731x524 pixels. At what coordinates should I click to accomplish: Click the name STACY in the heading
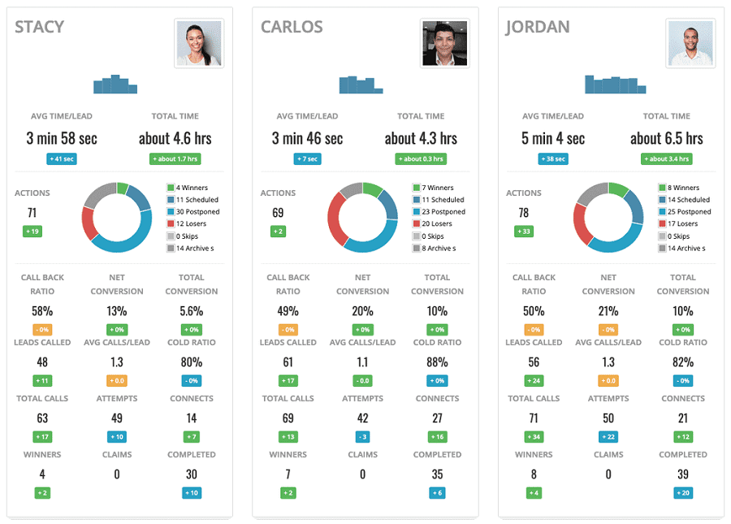point(39,27)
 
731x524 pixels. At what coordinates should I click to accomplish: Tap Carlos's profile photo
point(444,43)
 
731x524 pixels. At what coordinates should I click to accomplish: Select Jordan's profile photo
point(690,43)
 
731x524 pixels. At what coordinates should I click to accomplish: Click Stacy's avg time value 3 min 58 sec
point(62,138)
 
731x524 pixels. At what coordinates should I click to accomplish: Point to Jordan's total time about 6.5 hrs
point(666,138)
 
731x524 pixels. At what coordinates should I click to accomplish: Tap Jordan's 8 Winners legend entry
point(682,188)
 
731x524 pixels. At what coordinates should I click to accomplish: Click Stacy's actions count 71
point(32,213)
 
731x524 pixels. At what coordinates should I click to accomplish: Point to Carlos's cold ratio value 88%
point(437,362)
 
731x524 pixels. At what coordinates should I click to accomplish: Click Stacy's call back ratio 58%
point(42,310)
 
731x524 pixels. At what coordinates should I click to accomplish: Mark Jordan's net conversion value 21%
point(608,310)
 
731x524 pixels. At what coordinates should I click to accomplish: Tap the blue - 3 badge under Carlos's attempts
point(362,436)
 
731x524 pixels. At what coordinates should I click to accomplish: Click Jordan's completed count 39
point(683,474)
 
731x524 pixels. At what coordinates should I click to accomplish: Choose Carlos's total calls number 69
point(288,418)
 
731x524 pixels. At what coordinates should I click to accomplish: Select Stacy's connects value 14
point(191,418)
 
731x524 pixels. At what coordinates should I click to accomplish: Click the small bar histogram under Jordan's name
point(615,84)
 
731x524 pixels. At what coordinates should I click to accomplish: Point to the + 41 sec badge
point(62,159)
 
